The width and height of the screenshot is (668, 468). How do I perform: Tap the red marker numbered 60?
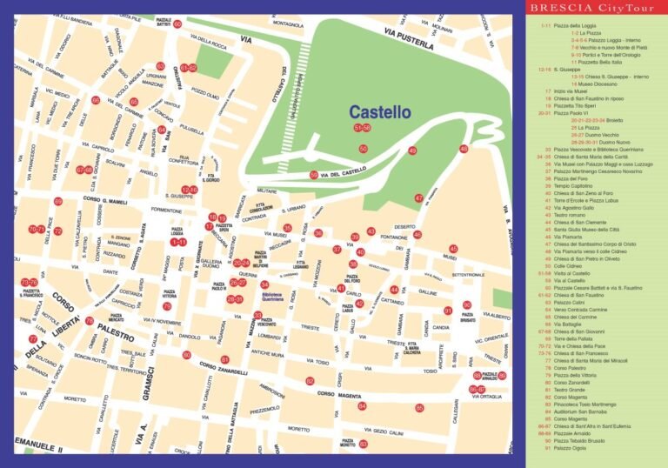(177, 24)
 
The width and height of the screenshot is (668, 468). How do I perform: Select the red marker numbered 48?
(464, 149)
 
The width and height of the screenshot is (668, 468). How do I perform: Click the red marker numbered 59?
(314, 175)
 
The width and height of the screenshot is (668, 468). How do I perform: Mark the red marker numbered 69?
(58, 201)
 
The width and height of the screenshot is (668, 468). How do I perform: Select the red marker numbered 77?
(33, 339)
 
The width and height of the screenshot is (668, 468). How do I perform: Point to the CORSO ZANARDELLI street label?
(224, 367)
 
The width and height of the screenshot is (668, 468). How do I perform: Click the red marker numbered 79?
(167, 306)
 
